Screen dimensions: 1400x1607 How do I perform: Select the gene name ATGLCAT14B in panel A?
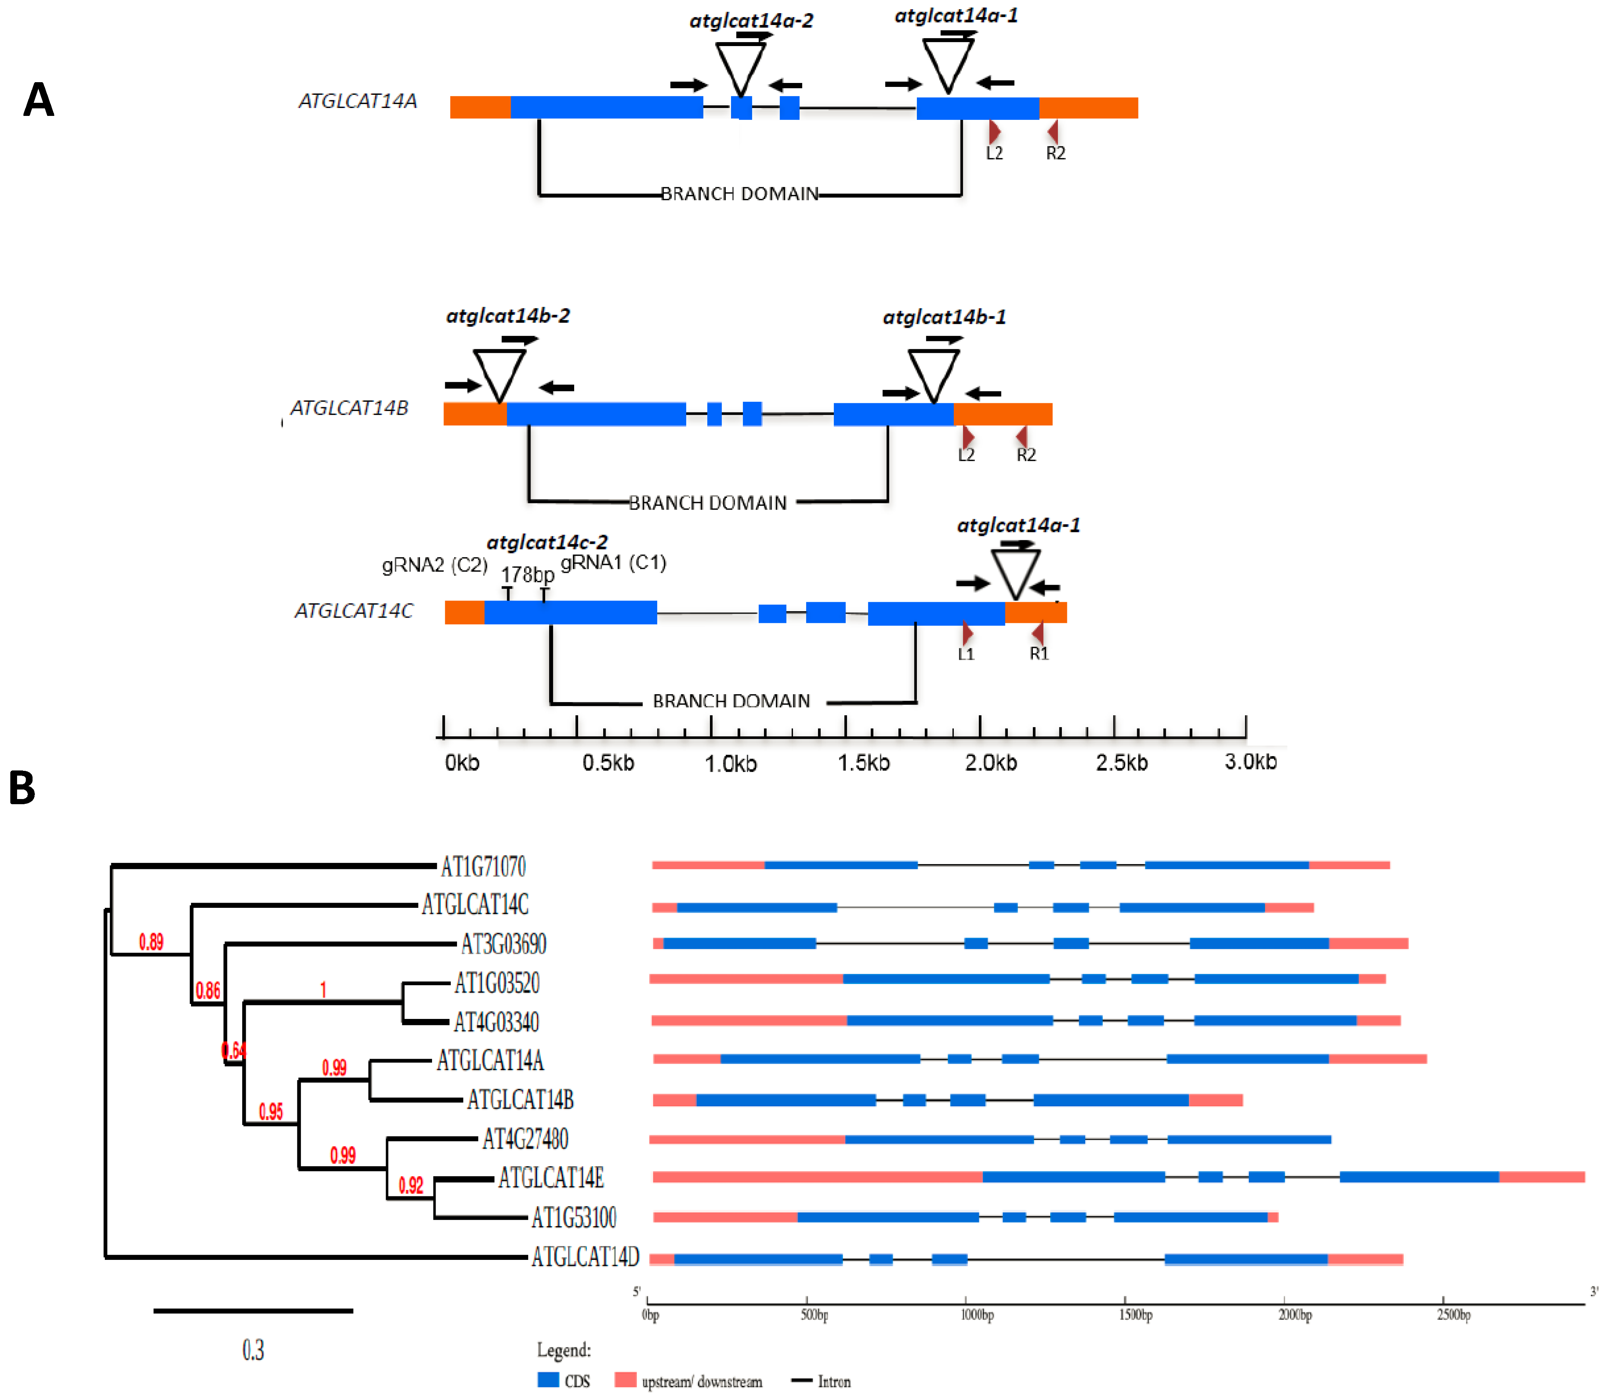[x=349, y=408]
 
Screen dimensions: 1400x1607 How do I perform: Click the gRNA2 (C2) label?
[x=434, y=565]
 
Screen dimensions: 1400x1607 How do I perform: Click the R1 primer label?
[x=1039, y=653]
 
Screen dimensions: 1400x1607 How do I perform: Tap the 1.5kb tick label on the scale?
[x=864, y=763]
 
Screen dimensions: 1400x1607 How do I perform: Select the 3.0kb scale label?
[x=1250, y=762]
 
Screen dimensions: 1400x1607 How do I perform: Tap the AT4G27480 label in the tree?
[x=525, y=1139]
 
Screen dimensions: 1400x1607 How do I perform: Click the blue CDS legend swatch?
[x=548, y=1380]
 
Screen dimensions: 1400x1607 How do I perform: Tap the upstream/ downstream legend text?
[x=701, y=1381]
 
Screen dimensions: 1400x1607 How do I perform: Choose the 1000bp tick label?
[x=977, y=1315]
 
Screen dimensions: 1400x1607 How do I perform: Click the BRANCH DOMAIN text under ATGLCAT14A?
[x=739, y=193]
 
